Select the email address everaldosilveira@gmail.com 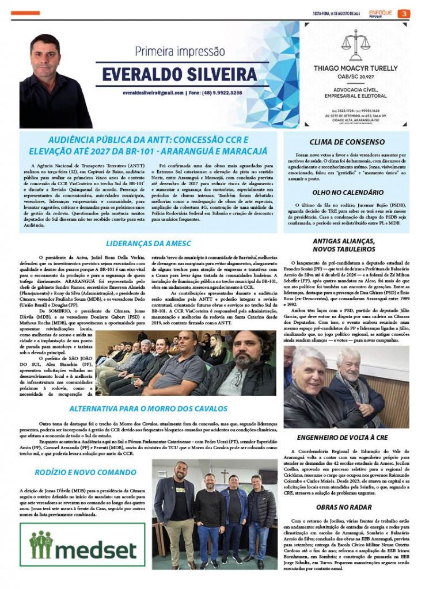coord(152,92)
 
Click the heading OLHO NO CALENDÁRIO coord(348,193)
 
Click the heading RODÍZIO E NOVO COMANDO coord(78,472)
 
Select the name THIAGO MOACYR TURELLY coord(355,68)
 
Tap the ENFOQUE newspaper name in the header coord(381,12)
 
